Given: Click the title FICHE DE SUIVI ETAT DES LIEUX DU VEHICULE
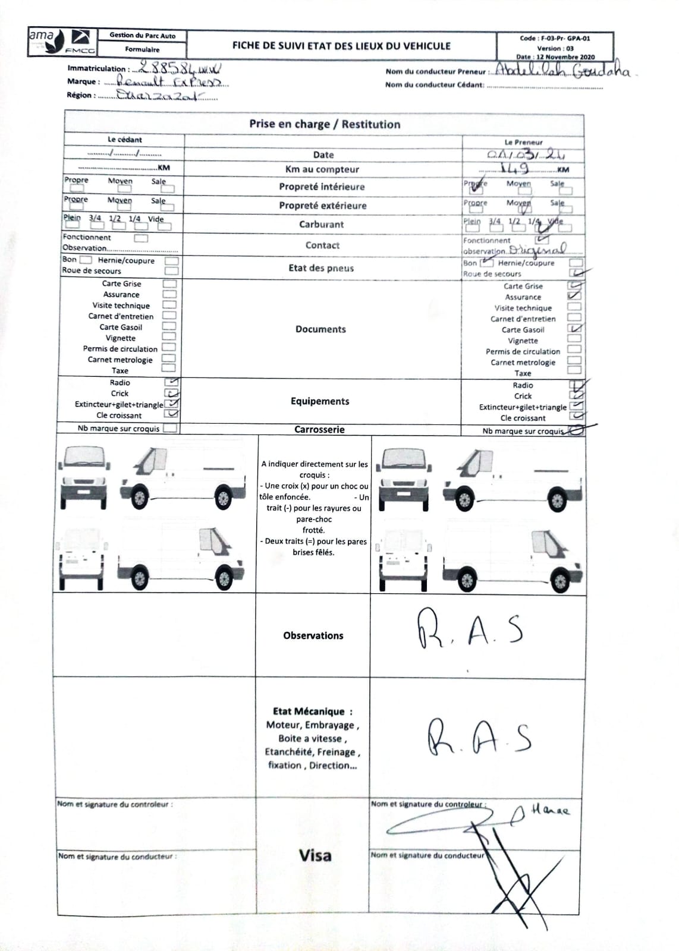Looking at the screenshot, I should (341, 46).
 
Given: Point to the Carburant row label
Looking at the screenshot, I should (321, 224).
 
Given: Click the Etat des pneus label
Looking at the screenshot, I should (321, 268).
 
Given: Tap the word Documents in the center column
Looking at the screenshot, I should (320, 329).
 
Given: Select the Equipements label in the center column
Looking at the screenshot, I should (320, 401).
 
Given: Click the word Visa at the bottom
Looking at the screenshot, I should (315, 855).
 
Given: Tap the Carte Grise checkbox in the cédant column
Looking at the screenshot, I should (169, 284).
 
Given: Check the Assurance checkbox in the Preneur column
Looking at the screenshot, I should (574, 296).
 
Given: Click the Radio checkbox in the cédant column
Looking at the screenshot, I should (171, 382).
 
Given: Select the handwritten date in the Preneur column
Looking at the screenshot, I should (526, 155).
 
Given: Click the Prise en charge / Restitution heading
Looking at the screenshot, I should (324, 124).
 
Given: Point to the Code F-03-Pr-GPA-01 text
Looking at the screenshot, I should (555, 38).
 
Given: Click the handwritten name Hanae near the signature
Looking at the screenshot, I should (549, 810).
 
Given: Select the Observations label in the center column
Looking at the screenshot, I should (313, 635).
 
